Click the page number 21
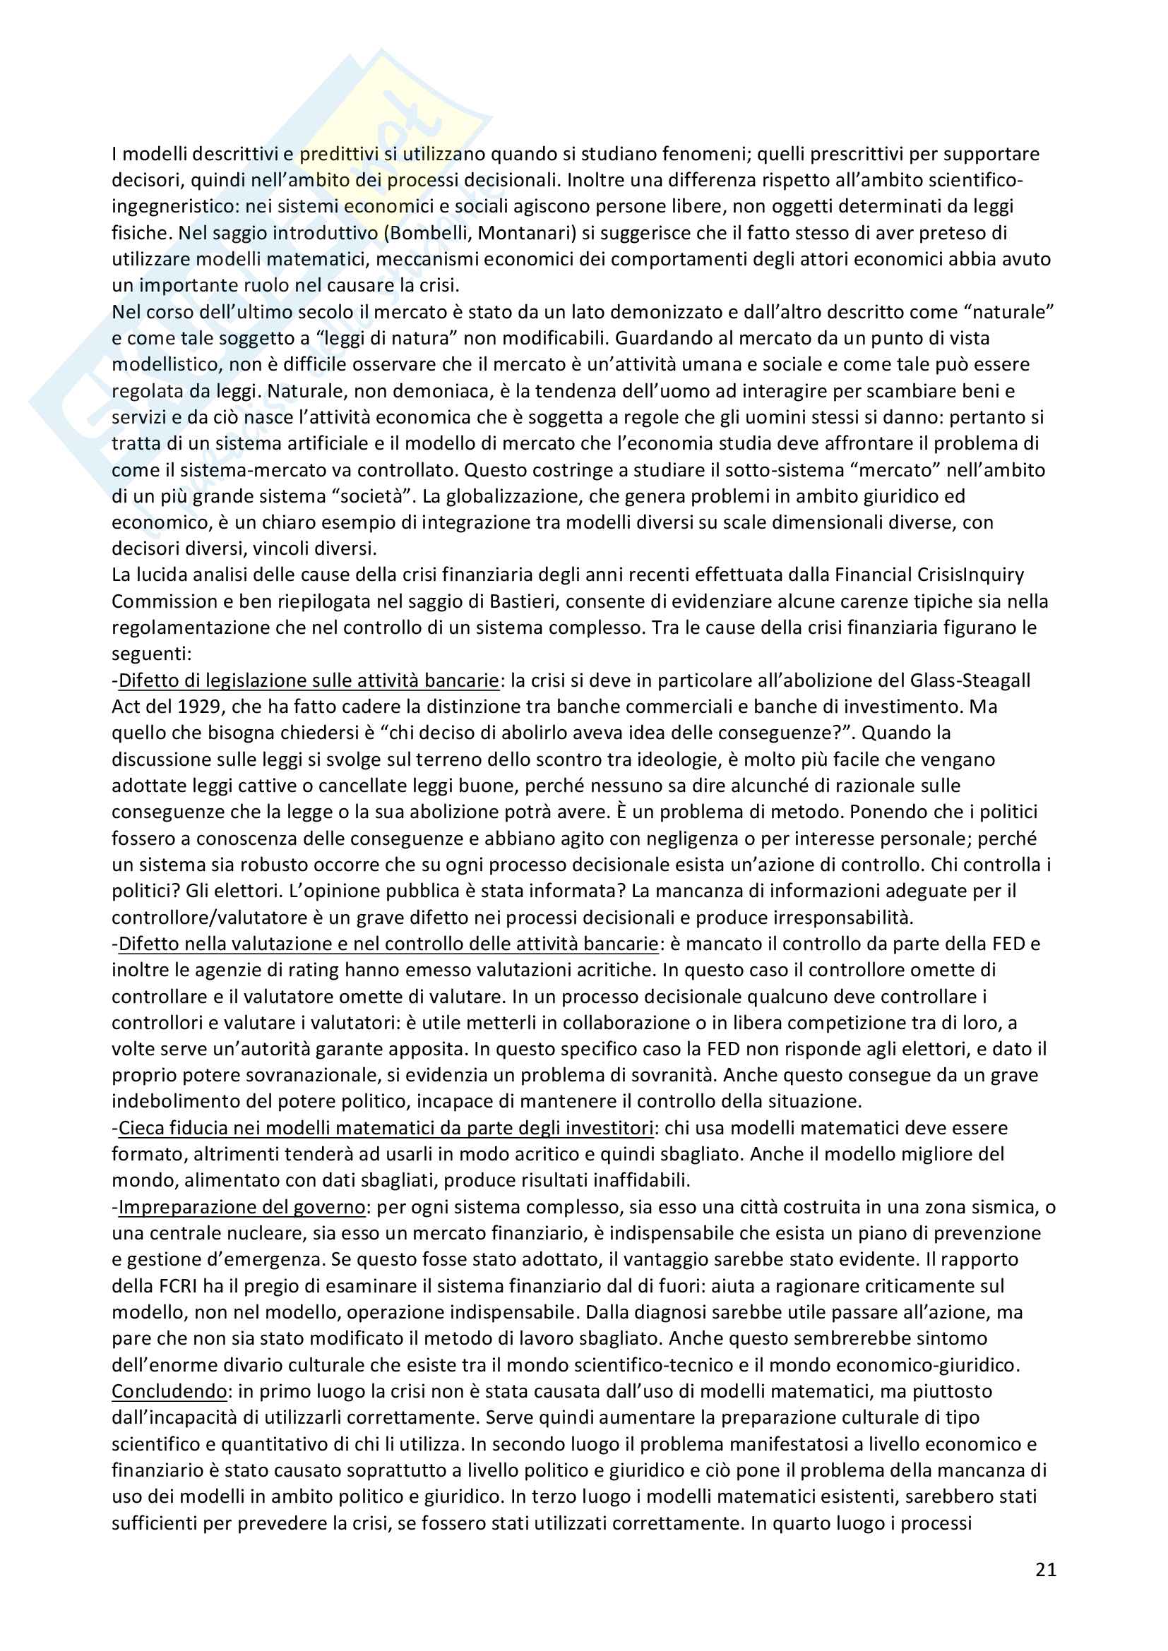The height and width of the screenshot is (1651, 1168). [x=1046, y=1569]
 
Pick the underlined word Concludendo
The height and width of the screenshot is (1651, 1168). [x=169, y=1391]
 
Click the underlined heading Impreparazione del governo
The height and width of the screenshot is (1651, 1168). [x=242, y=1206]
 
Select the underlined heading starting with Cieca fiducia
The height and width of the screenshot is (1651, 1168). [x=386, y=1127]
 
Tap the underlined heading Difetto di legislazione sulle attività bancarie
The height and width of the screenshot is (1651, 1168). [x=309, y=680]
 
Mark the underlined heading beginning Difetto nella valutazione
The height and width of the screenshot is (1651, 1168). [x=388, y=944]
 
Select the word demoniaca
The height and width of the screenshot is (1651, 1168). [x=429, y=391]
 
